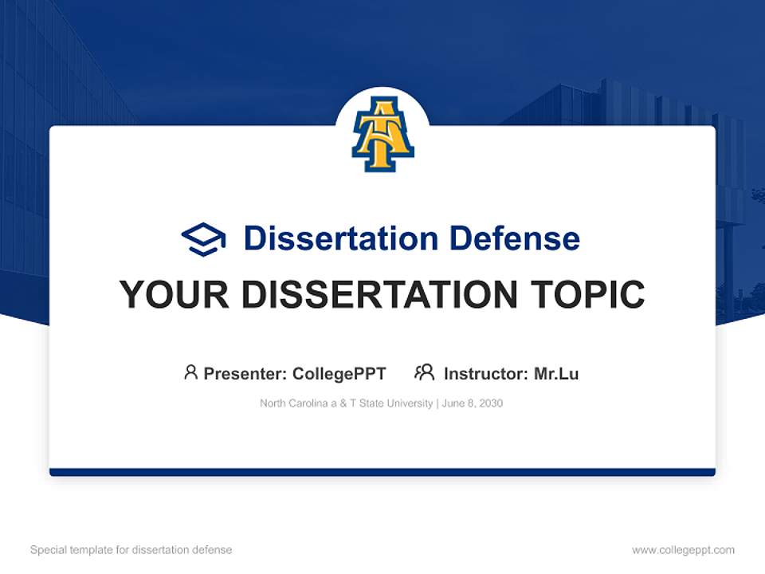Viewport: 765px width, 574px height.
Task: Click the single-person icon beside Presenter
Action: click(190, 372)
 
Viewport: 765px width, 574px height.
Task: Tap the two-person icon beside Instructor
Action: click(424, 372)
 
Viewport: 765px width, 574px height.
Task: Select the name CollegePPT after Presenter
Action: click(339, 374)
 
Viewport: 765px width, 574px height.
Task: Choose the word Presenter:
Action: click(246, 374)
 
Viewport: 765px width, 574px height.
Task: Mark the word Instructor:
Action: click(485, 374)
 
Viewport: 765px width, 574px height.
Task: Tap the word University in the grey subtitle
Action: click(409, 403)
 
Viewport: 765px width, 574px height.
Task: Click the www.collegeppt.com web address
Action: click(683, 550)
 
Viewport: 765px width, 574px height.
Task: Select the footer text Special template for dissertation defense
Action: click(131, 550)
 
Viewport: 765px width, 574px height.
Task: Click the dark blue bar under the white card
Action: click(382, 472)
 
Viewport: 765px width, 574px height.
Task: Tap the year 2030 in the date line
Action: click(490, 403)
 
